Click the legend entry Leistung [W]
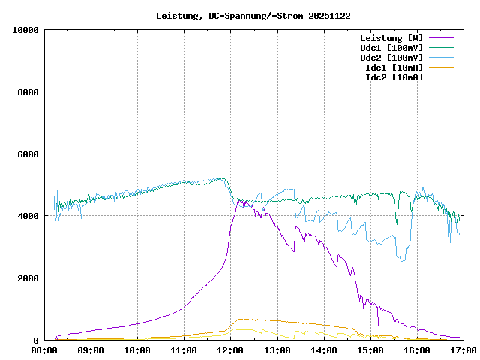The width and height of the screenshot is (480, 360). point(391,37)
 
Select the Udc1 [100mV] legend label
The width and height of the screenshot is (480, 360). point(391,47)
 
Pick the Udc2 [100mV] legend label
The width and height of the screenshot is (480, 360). point(391,57)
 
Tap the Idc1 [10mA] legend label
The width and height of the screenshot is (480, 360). point(394,67)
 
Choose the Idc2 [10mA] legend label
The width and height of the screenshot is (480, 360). point(394,76)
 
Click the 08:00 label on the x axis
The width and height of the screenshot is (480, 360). point(44,350)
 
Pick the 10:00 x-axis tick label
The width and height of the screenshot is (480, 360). point(137,350)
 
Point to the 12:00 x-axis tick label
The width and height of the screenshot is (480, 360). point(230,350)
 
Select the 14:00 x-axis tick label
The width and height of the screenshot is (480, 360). point(323,350)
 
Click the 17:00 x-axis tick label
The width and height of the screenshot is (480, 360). point(463,350)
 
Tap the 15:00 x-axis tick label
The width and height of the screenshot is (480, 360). point(370,350)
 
